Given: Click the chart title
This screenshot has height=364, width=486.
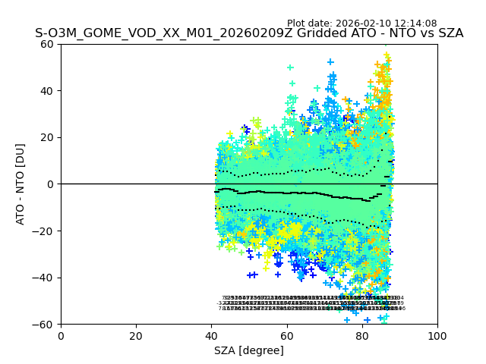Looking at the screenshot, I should click(x=249, y=34).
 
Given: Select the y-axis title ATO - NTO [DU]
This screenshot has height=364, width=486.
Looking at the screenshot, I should click(x=21, y=184).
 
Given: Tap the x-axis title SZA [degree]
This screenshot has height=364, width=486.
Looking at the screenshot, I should click(x=249, y=350).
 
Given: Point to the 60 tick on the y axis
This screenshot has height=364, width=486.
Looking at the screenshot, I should click(x=47, y=44).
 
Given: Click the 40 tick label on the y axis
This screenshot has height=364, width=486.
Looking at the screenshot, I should click(x=47, y=91).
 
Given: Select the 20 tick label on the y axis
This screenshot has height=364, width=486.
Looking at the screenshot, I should click(x=47, y=137).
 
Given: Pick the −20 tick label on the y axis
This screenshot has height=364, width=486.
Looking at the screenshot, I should click(x=44, y=231).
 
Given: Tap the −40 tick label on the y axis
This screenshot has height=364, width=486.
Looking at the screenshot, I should click(x=44, y=278).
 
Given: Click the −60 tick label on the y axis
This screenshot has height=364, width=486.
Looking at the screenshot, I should click(x=44, y=325).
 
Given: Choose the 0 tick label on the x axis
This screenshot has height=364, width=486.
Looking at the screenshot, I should click(x=61, y=336).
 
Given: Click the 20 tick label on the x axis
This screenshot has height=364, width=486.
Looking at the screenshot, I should click(x=136, y=336).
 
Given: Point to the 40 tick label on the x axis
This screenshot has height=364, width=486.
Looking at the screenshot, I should click(x=211, y=336).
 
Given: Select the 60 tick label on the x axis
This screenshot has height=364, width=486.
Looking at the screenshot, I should click(x=286, y=336).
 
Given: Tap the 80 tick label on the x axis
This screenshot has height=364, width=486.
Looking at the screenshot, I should click(x=362, y=336).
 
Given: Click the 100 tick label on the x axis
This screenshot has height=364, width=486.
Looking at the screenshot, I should click(x=437, y=336).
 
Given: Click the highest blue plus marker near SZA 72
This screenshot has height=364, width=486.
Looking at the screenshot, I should click(x=330, y=62).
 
